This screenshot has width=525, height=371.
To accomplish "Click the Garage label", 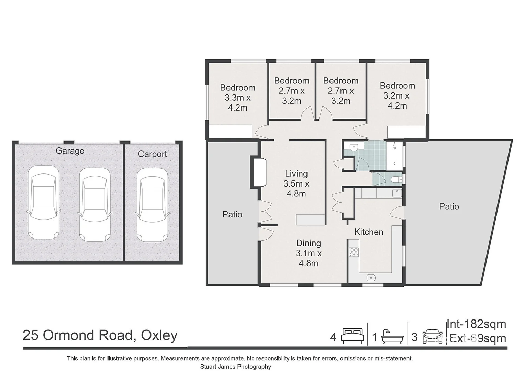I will pos(70,151).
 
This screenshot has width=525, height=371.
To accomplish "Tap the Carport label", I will pos(152,154).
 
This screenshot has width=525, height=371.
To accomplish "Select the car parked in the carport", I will pos(152,205).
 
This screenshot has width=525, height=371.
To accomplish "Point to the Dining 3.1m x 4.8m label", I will pos(309,253).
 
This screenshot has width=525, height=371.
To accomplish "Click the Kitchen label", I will pos(369,232).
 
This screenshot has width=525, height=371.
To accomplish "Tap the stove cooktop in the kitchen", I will pos(354,252).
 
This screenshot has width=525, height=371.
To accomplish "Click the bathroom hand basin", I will pos(354,147).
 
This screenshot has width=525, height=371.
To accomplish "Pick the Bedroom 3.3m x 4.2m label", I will pos(237,98).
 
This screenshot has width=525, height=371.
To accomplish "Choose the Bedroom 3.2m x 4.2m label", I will pos(397,95).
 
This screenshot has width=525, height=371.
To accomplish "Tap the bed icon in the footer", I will pos(352,336).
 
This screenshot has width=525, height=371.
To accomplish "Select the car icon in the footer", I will pos(432,336).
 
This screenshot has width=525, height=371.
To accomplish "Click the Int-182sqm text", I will pos(476,324).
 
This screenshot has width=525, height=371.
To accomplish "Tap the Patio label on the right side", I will pos(449,206).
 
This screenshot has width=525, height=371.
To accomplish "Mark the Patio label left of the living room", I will pos(232,214).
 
